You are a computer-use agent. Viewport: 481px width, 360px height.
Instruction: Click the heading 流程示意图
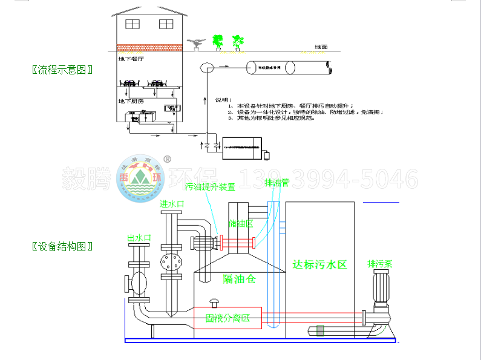tap(62, 69)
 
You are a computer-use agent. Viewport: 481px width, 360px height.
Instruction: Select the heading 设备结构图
tap(62, 246)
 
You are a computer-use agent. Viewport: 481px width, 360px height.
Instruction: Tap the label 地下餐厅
tap(131, 60)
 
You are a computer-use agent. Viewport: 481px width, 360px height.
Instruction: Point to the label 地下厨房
tap(131, 101)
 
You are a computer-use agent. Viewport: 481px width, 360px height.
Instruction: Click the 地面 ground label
tap(321, 47)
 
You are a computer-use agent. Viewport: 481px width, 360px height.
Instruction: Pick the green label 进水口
tap(171, 205)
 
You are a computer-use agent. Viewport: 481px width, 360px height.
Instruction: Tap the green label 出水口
tap(139, 238)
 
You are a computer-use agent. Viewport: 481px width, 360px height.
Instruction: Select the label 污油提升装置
tap(210, 187)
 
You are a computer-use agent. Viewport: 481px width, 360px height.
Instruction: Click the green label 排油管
tap(276, 183)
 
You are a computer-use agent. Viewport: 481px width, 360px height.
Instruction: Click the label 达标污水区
tap(319, 264)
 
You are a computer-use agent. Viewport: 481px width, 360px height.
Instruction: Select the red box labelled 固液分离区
tap(227, 317)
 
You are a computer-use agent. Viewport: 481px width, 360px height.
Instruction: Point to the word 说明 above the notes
tap(223, 99)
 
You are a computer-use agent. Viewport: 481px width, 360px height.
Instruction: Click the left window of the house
tap(131, 24)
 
